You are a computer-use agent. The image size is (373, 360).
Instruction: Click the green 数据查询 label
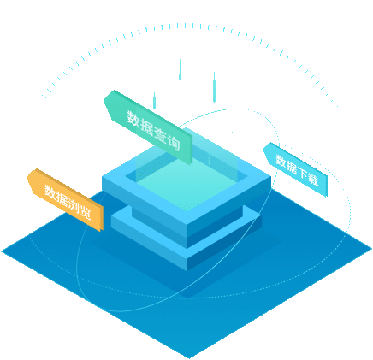[x=148, y=127]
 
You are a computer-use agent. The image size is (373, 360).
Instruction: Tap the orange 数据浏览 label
[x=65, y=199]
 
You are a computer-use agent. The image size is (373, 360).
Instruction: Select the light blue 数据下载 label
[x=295, y=169]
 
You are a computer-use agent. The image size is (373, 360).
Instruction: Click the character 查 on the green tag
[x=160, y=133]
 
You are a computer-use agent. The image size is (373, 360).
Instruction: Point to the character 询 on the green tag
[x=174, y=141]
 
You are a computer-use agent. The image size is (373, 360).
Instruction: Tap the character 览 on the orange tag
[x=85, y=211]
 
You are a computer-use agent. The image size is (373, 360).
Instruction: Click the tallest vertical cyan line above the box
[x=214, y=87]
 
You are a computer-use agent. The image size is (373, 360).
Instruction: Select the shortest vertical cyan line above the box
[x=154, y=100]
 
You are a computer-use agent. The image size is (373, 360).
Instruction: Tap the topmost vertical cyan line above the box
[x=180, y=69]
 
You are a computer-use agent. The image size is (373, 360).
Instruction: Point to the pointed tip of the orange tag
[x=27, y=177]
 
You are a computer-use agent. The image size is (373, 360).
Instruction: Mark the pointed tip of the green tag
[x=104, y=99]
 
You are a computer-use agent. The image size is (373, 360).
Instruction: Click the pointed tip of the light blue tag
[x=263, y=148]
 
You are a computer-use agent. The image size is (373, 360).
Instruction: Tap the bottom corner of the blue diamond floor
[x=190, y=358]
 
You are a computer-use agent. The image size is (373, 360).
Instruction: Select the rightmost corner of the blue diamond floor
[x=371, y=249]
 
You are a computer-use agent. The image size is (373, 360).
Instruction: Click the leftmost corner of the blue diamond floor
[x=2, y=251]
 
